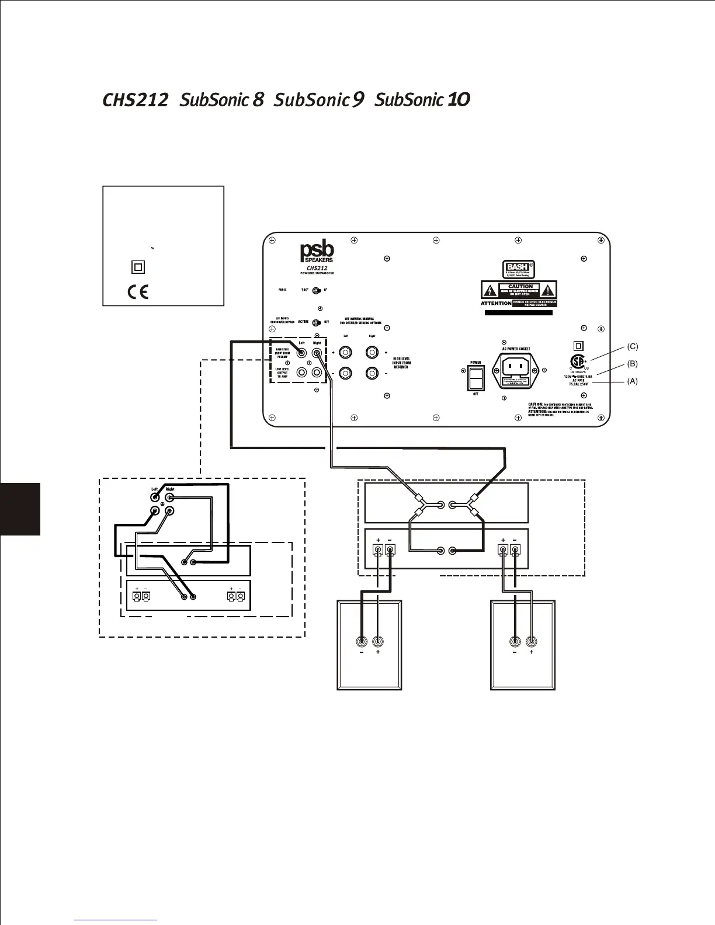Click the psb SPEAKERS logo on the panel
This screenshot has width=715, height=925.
[x=317, y=253]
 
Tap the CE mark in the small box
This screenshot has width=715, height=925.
[x=138, y=291]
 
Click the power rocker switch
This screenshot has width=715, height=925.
[x=476, y=378]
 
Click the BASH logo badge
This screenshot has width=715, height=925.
[x=519, y=269]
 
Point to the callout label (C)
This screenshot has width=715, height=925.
[x=633, y=346]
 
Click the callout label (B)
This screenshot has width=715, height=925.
[x=633, y=363]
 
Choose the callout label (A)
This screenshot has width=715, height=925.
[x=633, y=381]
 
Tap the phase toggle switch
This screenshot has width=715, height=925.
[x=316, y=290]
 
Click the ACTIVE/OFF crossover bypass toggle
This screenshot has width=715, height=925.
[x=317, y=322]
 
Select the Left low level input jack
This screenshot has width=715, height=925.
[x=302, y=353]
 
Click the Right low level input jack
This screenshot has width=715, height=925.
[x=317, y=353]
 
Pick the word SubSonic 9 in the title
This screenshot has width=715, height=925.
[x=319, y=100]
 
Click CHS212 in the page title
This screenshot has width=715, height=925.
[x=135, y=100]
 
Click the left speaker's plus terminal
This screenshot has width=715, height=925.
[x=379, y=641]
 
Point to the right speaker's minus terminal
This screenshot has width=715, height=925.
[x=515, y=641]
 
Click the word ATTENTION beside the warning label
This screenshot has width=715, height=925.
[x=496, y=304]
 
